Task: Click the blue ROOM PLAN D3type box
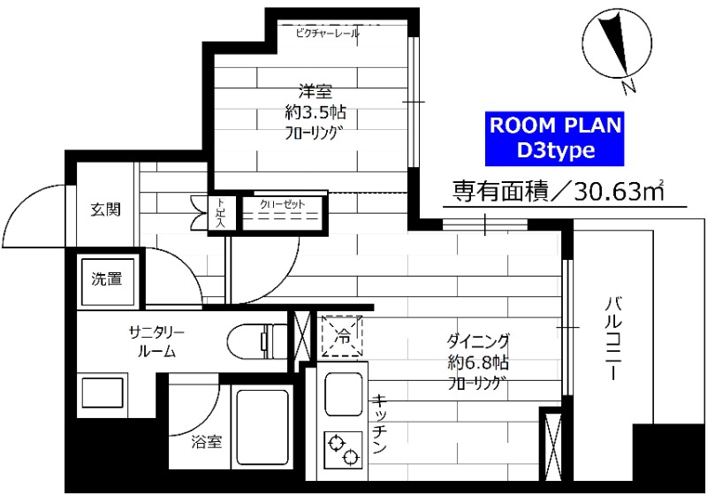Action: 556,138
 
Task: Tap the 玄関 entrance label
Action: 105,210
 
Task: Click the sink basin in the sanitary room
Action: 102,392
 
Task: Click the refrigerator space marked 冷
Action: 343,335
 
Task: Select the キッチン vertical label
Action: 381,424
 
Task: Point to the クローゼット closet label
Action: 282,205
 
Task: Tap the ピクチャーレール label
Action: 328,34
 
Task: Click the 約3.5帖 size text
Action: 315,112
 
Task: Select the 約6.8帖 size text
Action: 477,362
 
